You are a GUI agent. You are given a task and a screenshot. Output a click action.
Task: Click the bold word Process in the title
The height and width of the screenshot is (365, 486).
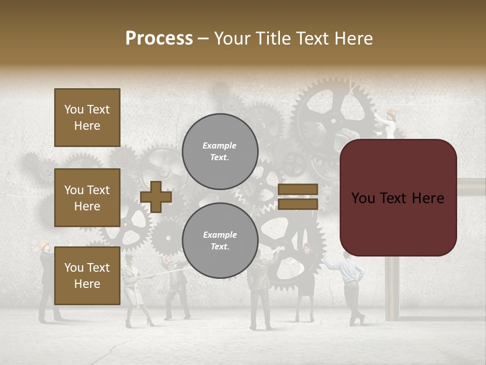point(159,39)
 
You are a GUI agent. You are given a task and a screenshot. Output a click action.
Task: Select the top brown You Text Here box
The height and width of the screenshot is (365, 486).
point(87,118)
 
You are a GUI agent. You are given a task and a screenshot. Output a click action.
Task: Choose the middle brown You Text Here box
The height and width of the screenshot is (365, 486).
point(87,198)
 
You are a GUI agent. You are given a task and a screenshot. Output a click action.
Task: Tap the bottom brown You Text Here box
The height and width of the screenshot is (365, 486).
point(87,276)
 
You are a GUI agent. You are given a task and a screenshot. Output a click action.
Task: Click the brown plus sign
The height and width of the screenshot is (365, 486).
point(156,197)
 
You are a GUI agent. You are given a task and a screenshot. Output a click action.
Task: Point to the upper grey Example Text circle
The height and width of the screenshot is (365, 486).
point(220,151)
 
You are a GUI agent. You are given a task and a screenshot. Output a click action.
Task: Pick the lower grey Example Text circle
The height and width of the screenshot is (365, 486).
point(220,240)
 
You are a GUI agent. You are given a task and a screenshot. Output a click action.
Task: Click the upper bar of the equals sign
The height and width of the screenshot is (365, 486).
point(298,189)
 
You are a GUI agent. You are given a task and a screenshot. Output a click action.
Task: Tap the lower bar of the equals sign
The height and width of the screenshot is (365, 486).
point(298,204)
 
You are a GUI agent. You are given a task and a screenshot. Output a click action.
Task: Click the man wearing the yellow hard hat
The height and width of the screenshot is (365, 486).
point(46,279)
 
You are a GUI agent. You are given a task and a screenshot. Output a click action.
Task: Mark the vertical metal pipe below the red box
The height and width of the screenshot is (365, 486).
point(392,289)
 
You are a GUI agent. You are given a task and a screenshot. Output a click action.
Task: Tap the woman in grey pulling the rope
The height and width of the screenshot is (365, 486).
point(133,289)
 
